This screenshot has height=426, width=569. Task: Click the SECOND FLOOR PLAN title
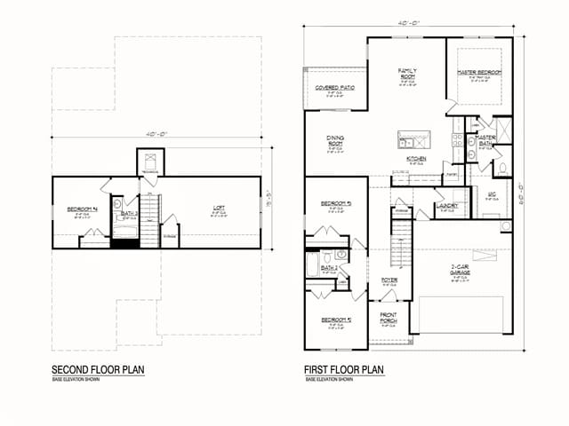(x=98, y=369)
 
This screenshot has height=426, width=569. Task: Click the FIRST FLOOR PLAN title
(x=344, y=369)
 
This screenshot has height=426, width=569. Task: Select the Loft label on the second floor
(x=219, y=209)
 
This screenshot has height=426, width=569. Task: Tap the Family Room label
(x=408, y=73)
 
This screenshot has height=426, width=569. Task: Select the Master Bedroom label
(x=480, y=72)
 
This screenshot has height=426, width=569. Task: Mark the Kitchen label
(x=417, y=160)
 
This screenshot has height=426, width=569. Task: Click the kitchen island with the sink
(x=413, y=139)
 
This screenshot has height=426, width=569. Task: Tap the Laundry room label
(x=447, y=206)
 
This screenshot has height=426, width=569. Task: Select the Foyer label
(x=389, y=280)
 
